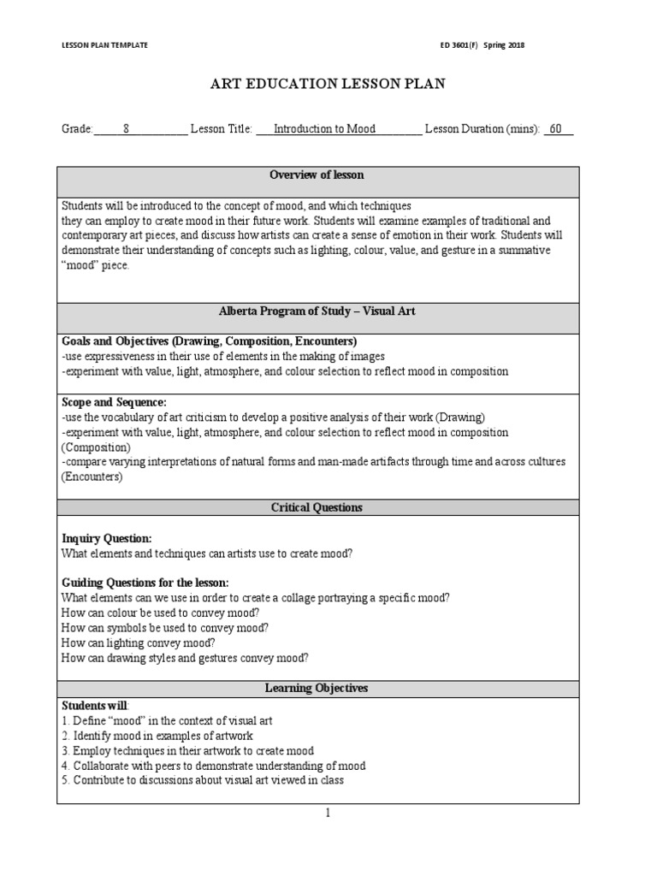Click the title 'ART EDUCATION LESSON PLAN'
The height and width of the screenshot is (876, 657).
(x=328, y=84)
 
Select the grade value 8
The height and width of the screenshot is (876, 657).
(x=127, y=129)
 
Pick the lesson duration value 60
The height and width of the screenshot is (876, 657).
(x=556, y=129)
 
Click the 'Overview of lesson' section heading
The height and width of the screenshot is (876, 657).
(x=317, y=175)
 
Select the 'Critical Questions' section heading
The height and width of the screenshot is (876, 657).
(x=317, y=507)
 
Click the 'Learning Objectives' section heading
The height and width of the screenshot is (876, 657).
(x=317, y=688)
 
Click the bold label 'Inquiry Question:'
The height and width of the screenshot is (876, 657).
(x=107, y=538)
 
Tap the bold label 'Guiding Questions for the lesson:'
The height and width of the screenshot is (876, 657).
(x=145, y=583)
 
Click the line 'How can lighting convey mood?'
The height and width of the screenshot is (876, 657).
(x=139, y=642)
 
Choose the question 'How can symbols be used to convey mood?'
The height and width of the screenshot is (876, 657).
(x=165, y=627)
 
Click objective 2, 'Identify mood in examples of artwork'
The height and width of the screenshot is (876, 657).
(x=157, y=736)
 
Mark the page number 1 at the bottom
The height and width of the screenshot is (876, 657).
(x=328, y=814)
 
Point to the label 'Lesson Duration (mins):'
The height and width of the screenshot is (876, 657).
(x=482, y=129)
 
